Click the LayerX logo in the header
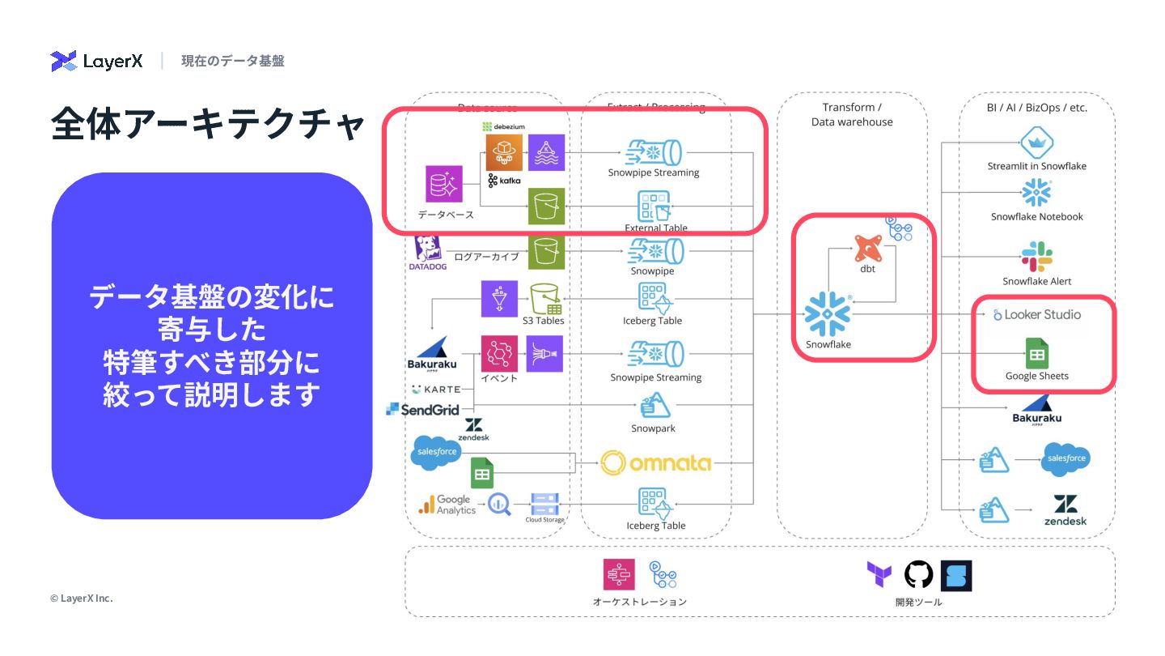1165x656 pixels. click(x=96, y=61)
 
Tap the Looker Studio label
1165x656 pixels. click(x=1036, y=314)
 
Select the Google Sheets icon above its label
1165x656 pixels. click(x=1036, y=354)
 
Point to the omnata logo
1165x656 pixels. click(x=655, y=462)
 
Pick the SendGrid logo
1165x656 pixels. click(x=423, y=410)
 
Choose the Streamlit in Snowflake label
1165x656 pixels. click(x=1036, y=166)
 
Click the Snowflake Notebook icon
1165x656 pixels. click(x=1036, y=193)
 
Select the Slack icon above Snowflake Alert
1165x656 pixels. click(x=1036, y=256)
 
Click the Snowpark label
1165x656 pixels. click(x=653, y=428)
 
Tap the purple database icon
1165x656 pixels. click(x=444, y=184)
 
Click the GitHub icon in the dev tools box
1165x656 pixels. click(x=918, y=575)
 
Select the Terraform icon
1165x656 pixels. click(x=879, y=575)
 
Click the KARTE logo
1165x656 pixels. click(x=436, y=390)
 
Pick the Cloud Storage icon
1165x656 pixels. click(x=544, y=505)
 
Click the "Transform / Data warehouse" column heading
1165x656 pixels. click(x=852, y=114)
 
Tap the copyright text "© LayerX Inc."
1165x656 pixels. click(x=82, y=598)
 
